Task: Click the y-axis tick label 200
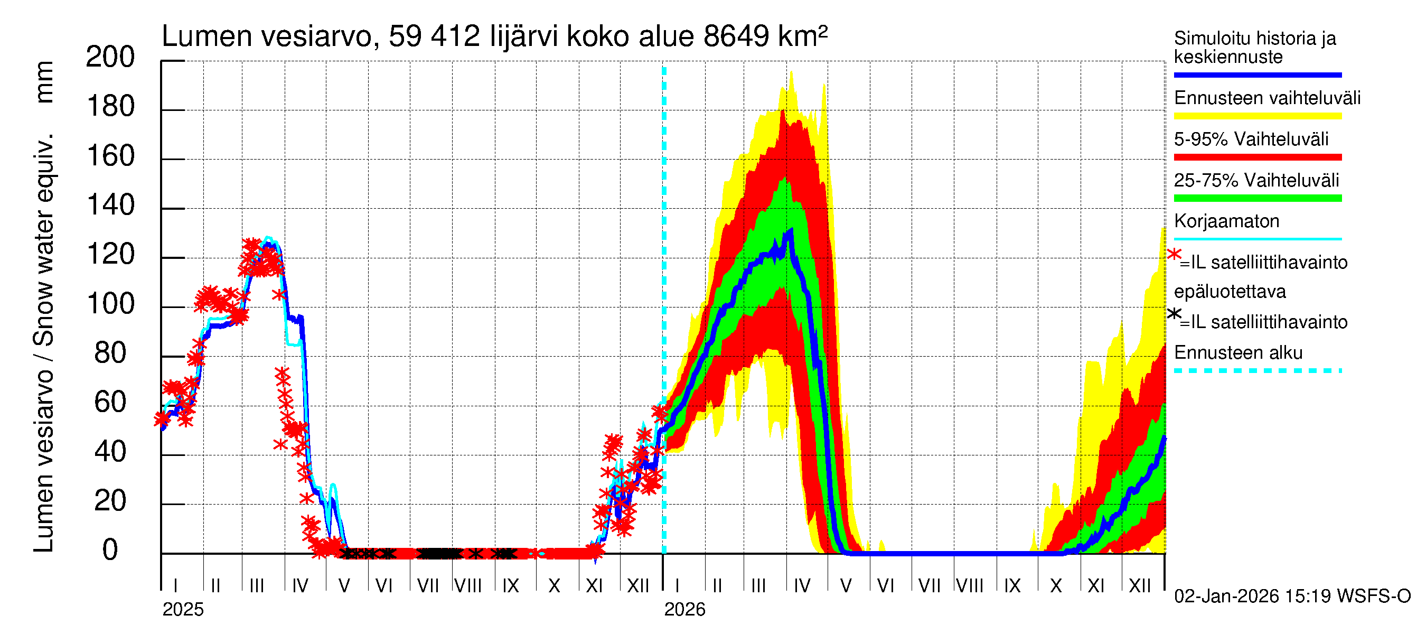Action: [x=110, y=57]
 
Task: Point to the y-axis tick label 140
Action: [x=110, y=206]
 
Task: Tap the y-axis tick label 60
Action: [x=110, y=403]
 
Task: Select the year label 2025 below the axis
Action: [x=183, y=610]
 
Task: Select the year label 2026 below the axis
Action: [x=685, y=610]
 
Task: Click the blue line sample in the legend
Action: [x=1257, y=74]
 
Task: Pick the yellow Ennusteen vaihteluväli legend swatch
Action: [x=1257, y=116]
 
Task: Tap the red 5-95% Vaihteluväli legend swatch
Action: [x=1257, y=157]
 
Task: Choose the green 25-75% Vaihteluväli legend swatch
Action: [x=1257, y=198]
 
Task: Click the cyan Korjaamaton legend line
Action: [x=1257, y=239]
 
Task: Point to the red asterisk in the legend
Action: [x=1174, y=254]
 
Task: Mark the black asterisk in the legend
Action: [x=1174, y=314]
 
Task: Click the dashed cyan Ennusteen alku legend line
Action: [x=1257, y=370]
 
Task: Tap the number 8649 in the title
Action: [x=736, y=36]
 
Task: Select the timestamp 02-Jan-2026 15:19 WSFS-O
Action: [x=1292, y=596]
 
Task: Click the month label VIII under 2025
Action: [x=468, y=586]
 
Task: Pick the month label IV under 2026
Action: [x=802, y=586]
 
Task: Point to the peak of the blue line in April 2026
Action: [x=791, y=230]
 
